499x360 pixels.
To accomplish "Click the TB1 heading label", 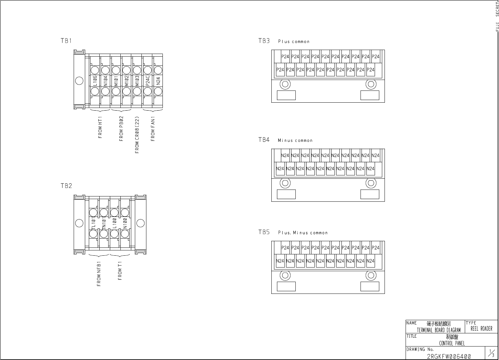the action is pyautogui.click(x=66, y=41).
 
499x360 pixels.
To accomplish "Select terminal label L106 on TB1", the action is pyautogui.click(x=95, y=81).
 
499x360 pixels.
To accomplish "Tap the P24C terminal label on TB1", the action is pyautogui.click(x=148, y=81).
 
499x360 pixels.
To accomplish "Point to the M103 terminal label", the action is pyautogui.click(x=137, y=81).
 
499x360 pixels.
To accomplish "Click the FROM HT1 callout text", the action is pyautogui.click(x=100, y=127).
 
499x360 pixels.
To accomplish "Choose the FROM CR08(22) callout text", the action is pyautogui.click(x=137, y=135).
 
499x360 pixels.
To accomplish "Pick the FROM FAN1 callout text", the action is pyautogui.click(x=153, y=128).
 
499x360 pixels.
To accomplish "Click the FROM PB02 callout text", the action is pyautogui.click(x=121, y=128).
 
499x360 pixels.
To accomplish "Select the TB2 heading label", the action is pyautogui.click(x=66, y=186).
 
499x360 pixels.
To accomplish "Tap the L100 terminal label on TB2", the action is pyautogui.click(x=114, y=223).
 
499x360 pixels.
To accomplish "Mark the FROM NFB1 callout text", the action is pyautogui.click(x=99, y=274).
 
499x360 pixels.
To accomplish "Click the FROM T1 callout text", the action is pyautogui.click(x=120, y=271).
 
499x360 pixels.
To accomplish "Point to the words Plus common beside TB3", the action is pyautogui.click(x=294, y=41).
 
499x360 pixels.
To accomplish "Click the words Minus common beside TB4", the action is pyautogui.click(x=295, y=141).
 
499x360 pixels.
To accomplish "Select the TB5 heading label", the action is pyautogui.click(x=264, y=232).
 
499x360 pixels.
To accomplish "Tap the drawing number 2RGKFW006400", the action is pyautogui.click(x=449, y=356).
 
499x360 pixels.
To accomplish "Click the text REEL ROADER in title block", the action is pyautogui.click(x=481, y=329).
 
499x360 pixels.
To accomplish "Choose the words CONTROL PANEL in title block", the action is pyautogui.click(x=452, y=344).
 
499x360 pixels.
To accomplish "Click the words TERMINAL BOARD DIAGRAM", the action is pyautogui.click(x=438, y=330).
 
